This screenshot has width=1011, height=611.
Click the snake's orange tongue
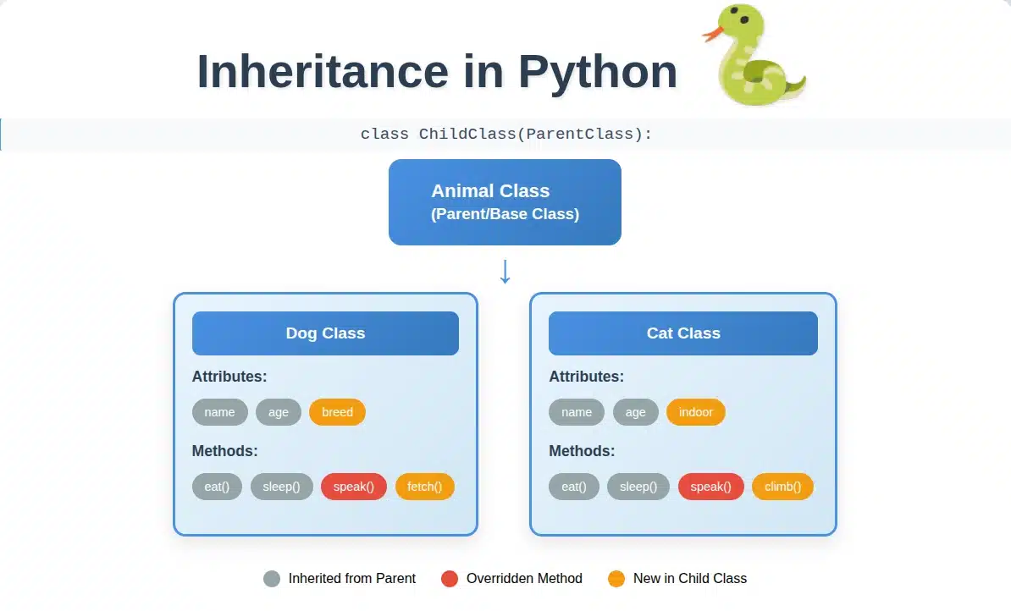tap(711, 32)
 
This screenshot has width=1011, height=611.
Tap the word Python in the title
tap(598, 72)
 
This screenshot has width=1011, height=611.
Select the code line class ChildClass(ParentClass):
tap(506, 134)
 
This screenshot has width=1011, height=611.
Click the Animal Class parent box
tap(505, 202)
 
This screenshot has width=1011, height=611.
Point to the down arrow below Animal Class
tap(505, 272)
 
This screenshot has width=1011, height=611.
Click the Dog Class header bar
tap(326, 333)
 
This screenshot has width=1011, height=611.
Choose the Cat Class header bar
tap(683, 333)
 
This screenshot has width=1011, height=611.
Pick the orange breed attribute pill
tap(337, 412)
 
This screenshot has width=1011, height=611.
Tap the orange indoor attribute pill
tap(696, 412)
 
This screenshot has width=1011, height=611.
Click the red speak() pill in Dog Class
tap(354, 487)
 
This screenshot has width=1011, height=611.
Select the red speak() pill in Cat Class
tap(711, 487)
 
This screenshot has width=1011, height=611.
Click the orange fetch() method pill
tap(425, 487)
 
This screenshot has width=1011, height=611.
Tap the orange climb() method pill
tap(782, 487)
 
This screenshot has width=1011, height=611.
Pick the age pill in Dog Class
tap(279, 412)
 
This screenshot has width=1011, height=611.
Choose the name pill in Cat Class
tap(577, 412)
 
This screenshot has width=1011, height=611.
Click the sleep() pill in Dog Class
tap(282, 487)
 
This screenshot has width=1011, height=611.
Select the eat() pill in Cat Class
tap(574, 487)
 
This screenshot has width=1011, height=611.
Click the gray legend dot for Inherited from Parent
tap(272, 579)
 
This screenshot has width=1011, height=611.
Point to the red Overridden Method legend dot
tap(450, 579)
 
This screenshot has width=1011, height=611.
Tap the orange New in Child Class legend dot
tap(616, 579)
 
